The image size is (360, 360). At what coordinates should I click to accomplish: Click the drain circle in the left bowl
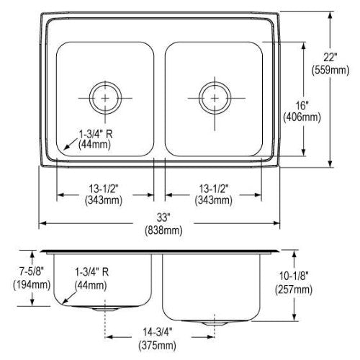pos(105,82)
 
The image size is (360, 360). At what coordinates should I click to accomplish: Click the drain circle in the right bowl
pos(215,82)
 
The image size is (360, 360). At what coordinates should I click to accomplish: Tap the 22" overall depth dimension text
pos(330,58)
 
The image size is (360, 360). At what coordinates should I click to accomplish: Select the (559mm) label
pos(330,71)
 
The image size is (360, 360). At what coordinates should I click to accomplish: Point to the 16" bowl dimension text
pos(302,105)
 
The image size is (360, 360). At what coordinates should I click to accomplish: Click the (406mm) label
pos(302,117)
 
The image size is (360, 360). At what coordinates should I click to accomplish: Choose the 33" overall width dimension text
pos(163,217)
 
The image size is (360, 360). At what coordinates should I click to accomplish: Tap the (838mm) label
pos(163,230)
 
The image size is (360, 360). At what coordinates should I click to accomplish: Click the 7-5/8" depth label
pos(32,271)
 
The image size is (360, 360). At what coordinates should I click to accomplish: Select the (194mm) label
pos(32,285)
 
